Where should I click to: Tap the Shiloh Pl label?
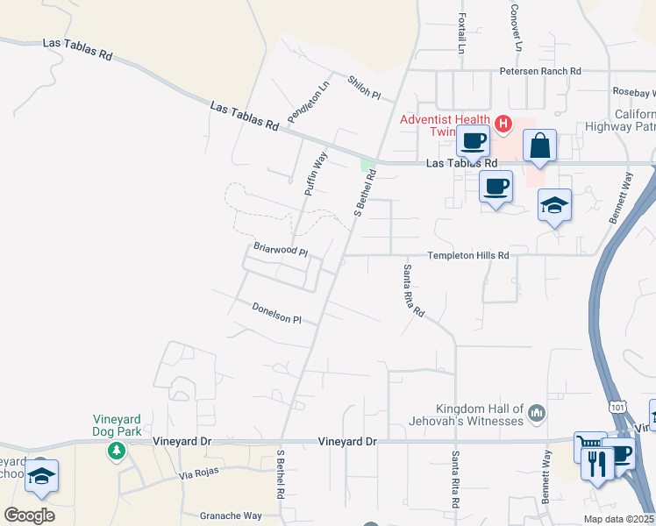(364, 87)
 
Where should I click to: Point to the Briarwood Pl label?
(281, 250)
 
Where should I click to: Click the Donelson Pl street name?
(276, 313)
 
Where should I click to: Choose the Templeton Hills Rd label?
(467, 255)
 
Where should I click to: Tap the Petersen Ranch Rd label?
(540, 71)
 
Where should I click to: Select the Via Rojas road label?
(198, 474)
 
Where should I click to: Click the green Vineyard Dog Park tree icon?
(114, 451)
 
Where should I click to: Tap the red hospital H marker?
(503, 124)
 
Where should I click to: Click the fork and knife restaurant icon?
(597, 462)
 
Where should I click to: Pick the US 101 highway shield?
(619, 407)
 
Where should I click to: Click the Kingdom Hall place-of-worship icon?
(537, 412)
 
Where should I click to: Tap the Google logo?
(29, 515)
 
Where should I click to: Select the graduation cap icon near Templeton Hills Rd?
(554, 205)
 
